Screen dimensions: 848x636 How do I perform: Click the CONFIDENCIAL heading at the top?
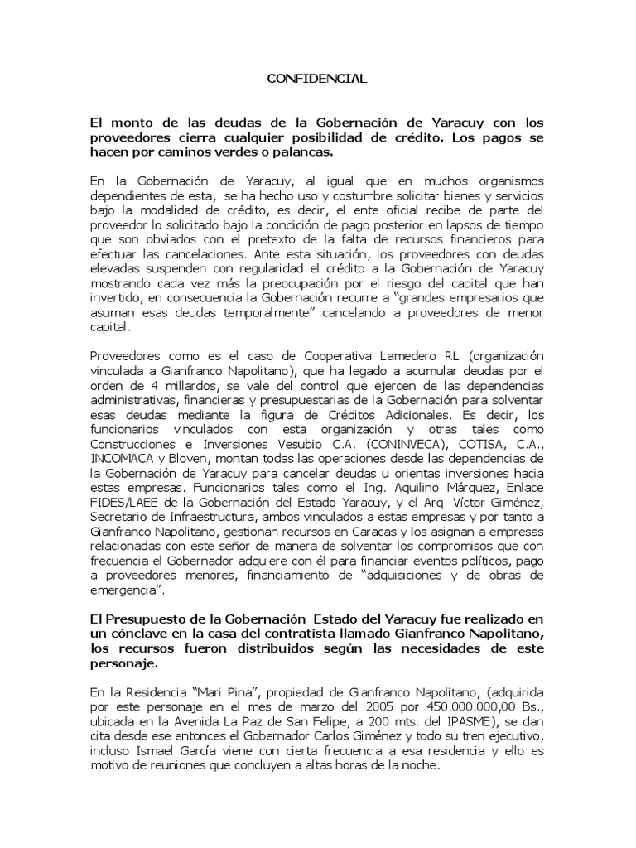[317, 79]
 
